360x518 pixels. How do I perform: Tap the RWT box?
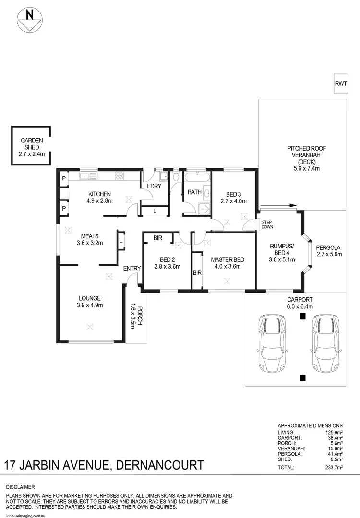[x=341, y=83]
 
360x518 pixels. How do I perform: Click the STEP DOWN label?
[x=266, y=224]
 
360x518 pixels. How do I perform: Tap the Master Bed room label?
[x=228, y=260]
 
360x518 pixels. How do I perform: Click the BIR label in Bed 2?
[x=158, y=238]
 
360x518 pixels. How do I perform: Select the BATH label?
[x=194, y=192]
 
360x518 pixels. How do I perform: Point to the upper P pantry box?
[x=63, y=178]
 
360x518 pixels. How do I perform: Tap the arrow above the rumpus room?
[x=287, y=206]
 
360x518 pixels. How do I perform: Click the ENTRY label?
[x=132, y=269]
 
